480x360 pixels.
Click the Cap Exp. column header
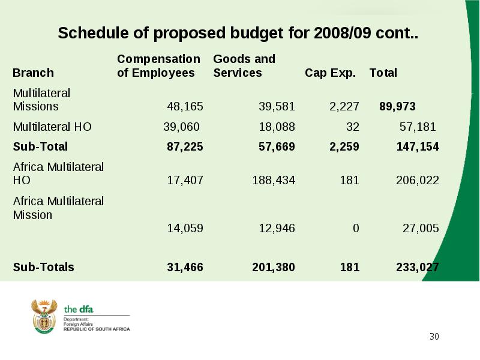331,73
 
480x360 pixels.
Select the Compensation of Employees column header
158,66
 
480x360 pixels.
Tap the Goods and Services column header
244,66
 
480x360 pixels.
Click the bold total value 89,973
397,107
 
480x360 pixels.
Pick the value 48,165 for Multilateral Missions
185,107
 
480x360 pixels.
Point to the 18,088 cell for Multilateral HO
277,127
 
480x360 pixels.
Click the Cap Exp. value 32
353,127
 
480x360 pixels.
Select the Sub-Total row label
40,146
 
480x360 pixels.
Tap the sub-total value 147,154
418,146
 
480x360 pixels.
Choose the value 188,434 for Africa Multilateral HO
274,181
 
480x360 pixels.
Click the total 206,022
418,181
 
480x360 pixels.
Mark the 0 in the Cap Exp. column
356,229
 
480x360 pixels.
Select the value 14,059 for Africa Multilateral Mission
185,229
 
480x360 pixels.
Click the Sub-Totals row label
43,267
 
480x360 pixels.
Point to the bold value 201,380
274,267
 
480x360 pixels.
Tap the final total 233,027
418,267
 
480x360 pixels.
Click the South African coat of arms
44,317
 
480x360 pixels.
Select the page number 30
434,337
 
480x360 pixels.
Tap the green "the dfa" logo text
79,310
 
